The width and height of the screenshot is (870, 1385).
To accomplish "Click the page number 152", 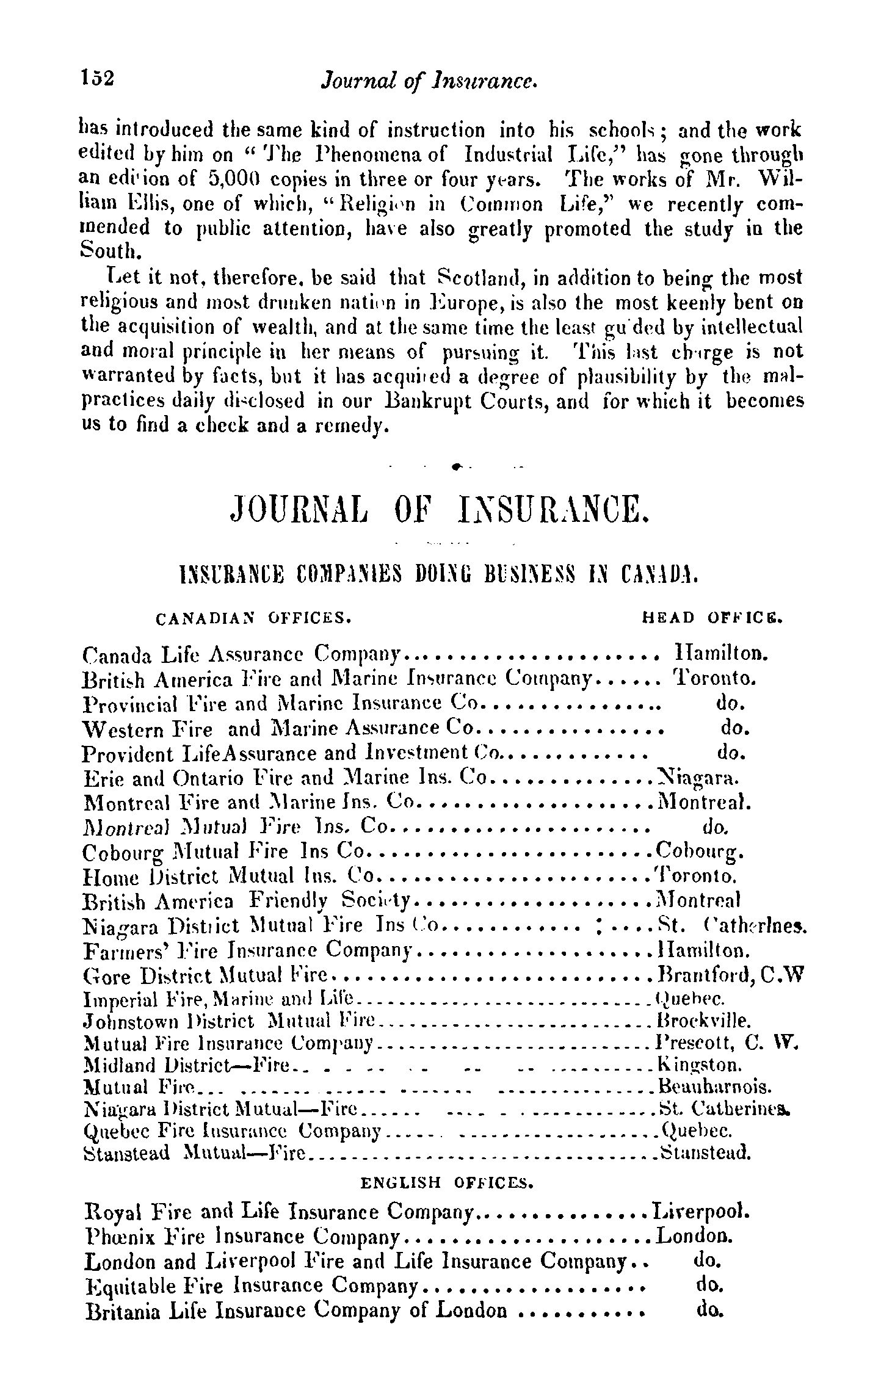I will [x=98, y=79].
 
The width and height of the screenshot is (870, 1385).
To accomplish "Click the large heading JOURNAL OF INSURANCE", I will [x=436, y=508].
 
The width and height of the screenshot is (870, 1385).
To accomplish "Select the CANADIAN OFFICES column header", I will [x=253, y=618].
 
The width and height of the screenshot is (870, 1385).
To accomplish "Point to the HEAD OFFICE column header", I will [x=712, y=618].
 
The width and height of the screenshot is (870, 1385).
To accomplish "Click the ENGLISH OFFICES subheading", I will [x=448, y=1184].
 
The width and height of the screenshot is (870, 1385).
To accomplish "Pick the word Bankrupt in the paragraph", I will [x=437, y=401].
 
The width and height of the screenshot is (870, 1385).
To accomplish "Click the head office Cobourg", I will [x=698, y=852].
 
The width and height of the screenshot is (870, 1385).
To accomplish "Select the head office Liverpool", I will [x=701, y=1210].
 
